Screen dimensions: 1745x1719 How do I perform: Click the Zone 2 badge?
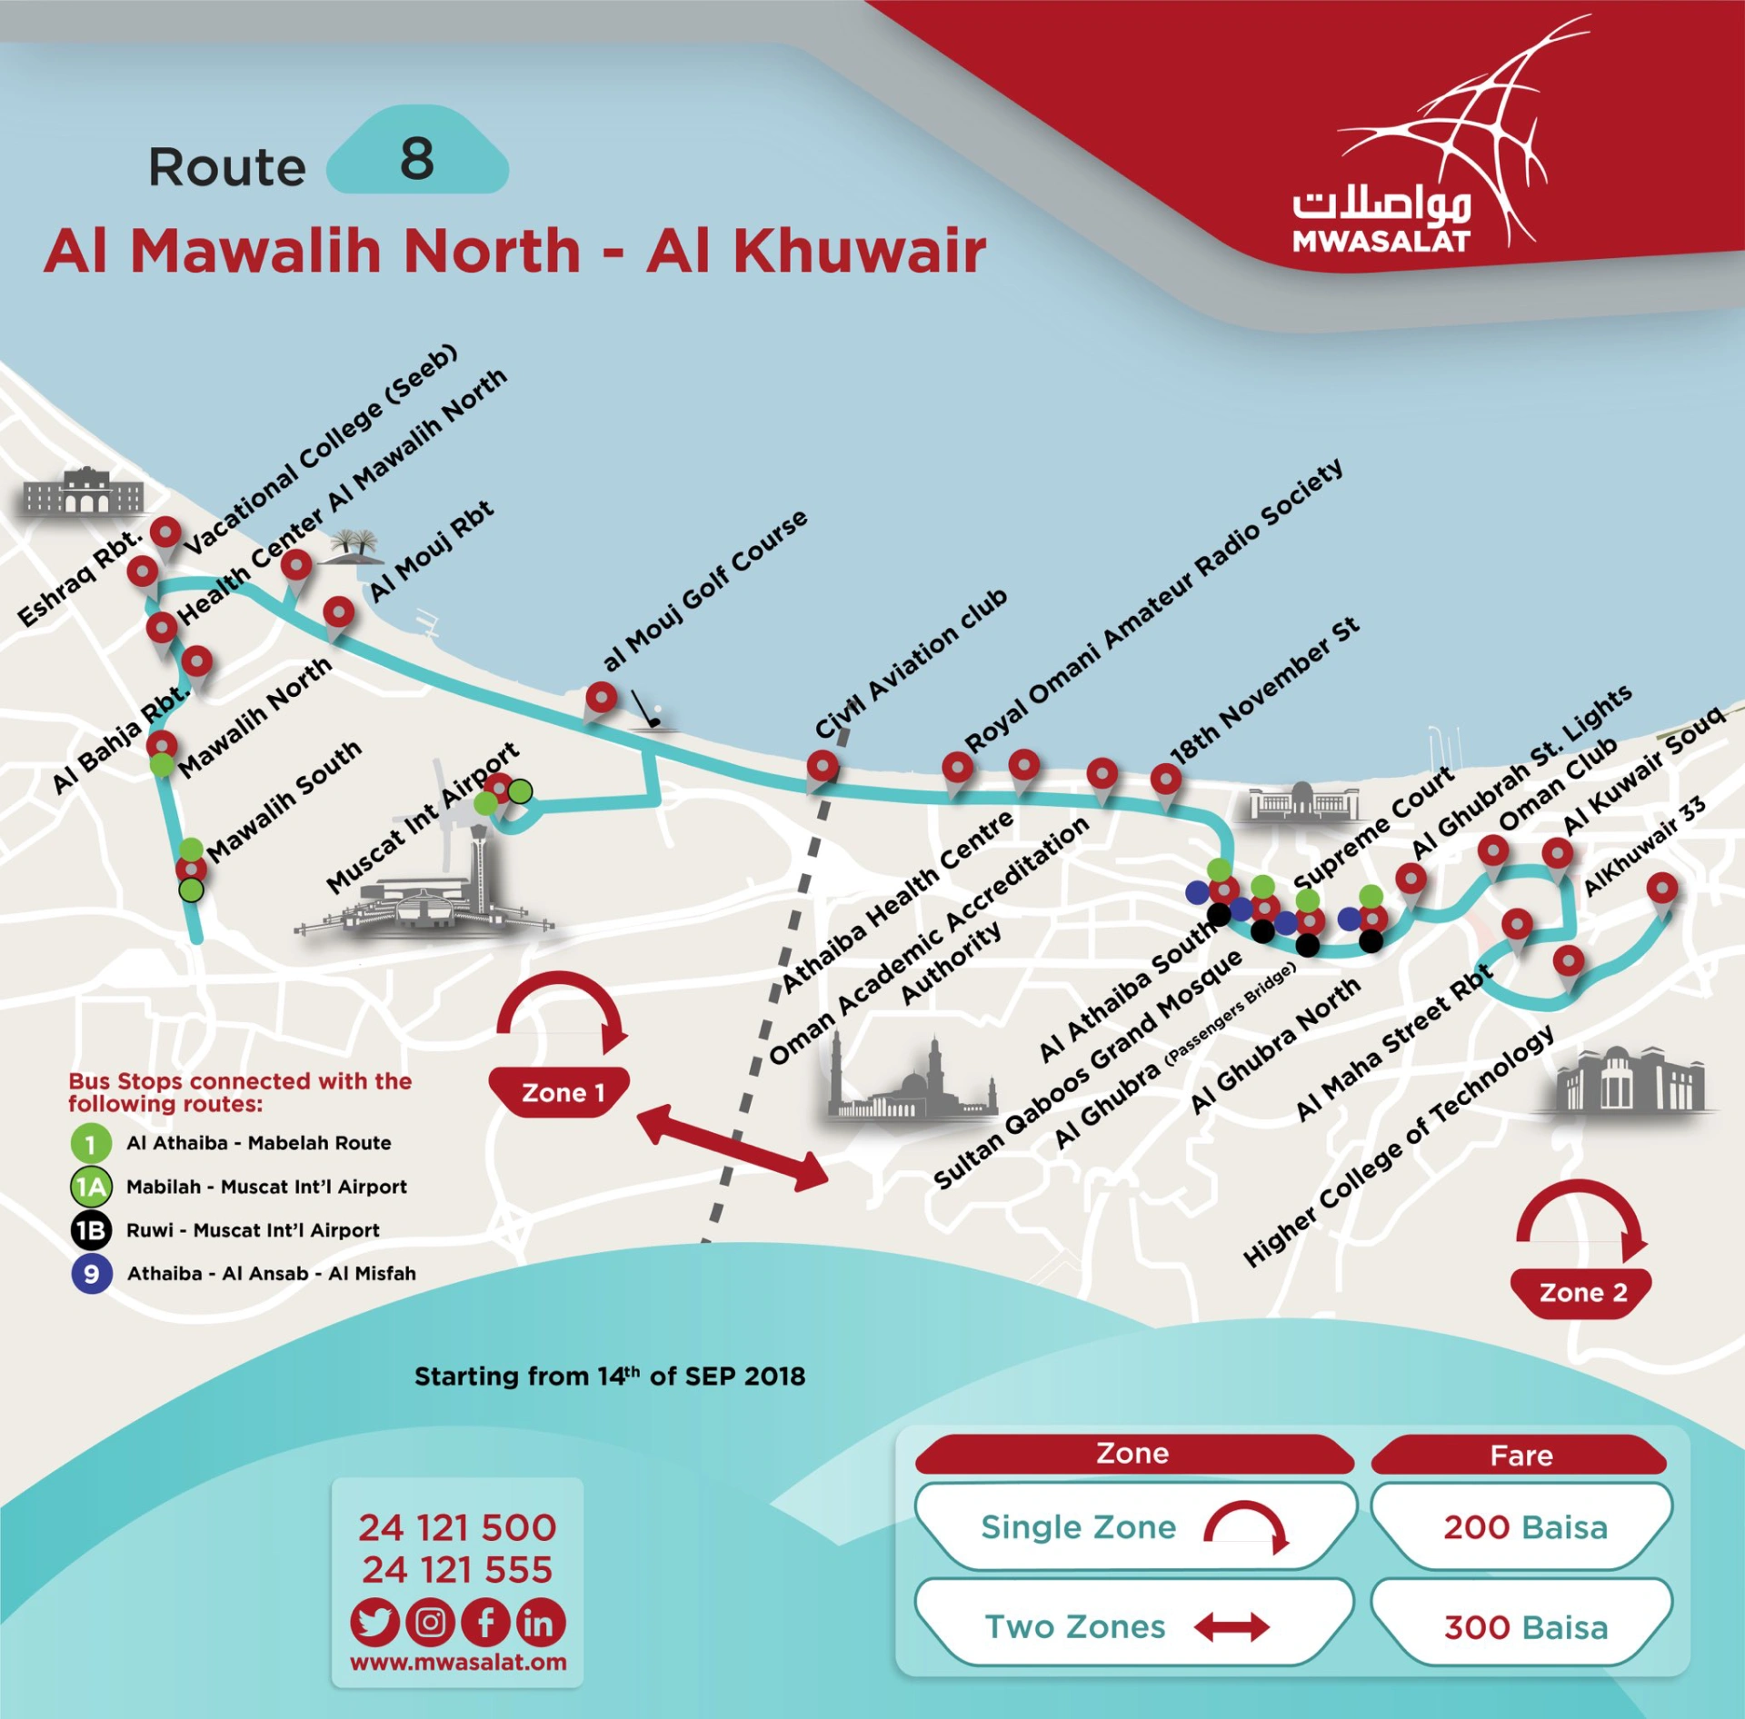point(1582,1292)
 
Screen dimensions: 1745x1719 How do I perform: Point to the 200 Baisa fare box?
point(1524,1527)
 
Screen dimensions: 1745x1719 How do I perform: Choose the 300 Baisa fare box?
point(1524,1626)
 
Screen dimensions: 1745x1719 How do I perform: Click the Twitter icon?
point(374,1623)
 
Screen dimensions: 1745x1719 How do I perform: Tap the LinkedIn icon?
point(541,1623)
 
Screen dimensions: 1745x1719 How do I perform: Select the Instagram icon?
point(430,1623)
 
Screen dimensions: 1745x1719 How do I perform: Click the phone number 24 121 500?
point(457,1528)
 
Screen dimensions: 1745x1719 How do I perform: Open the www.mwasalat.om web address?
point(458,1663)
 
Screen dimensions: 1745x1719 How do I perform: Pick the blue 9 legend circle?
point(92,1273)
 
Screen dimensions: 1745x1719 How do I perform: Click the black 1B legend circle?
point(92,1230)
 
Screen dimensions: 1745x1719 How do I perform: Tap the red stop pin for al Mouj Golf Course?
point(601,699)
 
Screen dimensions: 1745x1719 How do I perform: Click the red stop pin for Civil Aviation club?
point(823,766)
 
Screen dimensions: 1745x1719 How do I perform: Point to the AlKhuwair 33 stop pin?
point(1662,888)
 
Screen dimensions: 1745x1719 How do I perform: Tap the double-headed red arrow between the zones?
point(733,1147)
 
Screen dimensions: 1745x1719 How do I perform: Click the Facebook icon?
point(486,1623)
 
